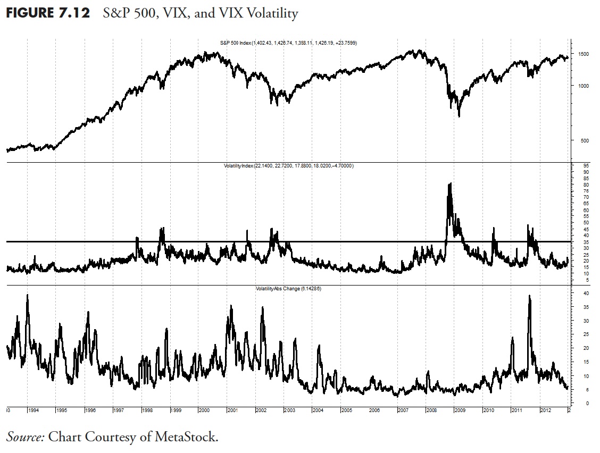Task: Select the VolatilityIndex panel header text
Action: [x=289, y=166]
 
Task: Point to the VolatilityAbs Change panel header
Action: [x=289, y=288]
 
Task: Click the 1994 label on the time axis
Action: [x=34, y=410]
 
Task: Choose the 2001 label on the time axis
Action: [x=232, y=410]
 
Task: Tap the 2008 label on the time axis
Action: [x=432, y=410]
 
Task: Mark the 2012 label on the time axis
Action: [x=546, y=410]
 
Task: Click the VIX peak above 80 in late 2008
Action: [x=450, y=184]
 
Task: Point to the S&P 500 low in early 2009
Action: [x=459, y=115]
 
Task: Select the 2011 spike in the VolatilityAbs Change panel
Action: [x=529, y=296]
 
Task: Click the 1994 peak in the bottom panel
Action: [x=27, y=295]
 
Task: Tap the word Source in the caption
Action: [x=24, y=437]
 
